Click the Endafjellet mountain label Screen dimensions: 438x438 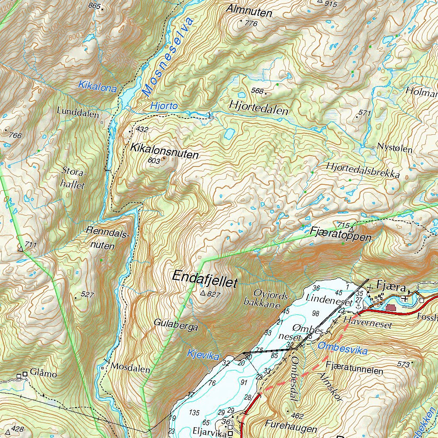(x=204, y=277)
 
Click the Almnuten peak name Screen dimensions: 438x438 (x=249, y=12)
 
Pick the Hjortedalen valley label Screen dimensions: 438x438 (x=259, y=107)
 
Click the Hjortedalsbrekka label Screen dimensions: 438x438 (x=363, y=170)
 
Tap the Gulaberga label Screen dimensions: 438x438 (x=176, y=327)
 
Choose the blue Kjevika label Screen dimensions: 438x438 (x=203, y=355)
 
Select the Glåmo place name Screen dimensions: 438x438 (x=44, y=374)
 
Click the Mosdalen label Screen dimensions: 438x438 (x=130, y=367)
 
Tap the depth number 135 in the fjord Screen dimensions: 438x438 (x=194, y=412)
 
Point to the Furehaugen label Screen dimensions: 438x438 (x=291, y=428)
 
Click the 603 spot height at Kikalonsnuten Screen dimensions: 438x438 (x=153, y=160)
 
